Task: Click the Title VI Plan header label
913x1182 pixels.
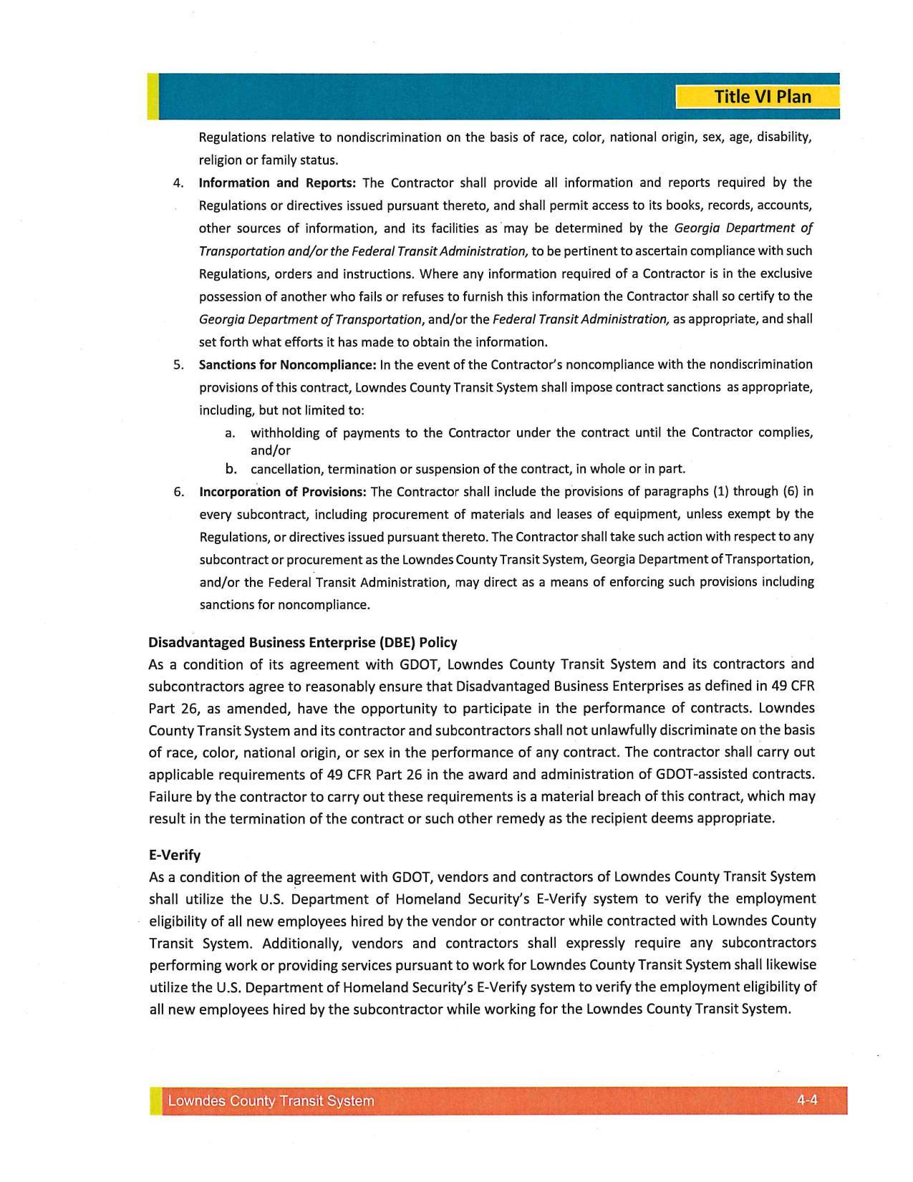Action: [x=762, y=97]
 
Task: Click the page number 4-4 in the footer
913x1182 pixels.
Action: [x=807, y=1100]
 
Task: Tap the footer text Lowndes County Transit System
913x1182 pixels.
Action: [x=271, y=1101]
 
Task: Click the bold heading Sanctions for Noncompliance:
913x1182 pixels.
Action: [x=287, y=365]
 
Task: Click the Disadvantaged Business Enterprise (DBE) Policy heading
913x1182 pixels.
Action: [x=302, y=642]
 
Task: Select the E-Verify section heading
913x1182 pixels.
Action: [x=175, y=855]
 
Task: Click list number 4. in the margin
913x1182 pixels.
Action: [x=179, y=183]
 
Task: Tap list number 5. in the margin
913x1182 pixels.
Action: [x=179, y=365]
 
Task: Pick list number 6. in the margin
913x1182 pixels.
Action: [x=179, y=492]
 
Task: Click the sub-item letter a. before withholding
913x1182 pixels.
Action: [x=230, y=433]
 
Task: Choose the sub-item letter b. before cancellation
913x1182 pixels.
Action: [x=231, y=470]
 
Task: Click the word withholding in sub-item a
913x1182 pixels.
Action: [x=284, y=433]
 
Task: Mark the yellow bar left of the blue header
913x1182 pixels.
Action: [x=153, y=96]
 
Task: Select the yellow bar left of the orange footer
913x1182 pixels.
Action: [x=155, y=1101]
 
